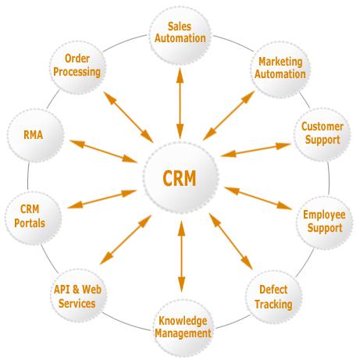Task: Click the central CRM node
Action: click(x=180, y=178)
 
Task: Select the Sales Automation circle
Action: click(x=180, y=36)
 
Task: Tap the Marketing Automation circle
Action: click(x=280, y=69)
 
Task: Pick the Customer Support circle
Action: click(x=323, y=134)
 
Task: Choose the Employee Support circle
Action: click(x=324, y=222)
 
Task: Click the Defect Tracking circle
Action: click(x=273, y=297)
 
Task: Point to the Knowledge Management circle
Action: click(x=183, y=328)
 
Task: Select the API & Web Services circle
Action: click(x=78, y=296)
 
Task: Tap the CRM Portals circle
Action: click(x=34, y=218)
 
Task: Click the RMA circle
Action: click(x=35, y=136)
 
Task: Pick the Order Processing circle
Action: click(x=77, y=67)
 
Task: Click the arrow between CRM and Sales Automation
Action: click(x=180, y=104)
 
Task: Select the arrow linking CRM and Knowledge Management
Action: click(x=181, y=256)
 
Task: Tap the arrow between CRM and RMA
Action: click(x=103, y=151)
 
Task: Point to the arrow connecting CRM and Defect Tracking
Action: click(x=230, y=241)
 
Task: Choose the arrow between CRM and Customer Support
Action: click(x=255, y=150)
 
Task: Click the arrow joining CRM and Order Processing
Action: click(x=128, y=117)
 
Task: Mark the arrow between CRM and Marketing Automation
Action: click(x=229, y=116)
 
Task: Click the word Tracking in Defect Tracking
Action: click(x=273, y=304)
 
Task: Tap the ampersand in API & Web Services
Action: click(x=76, y=290)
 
